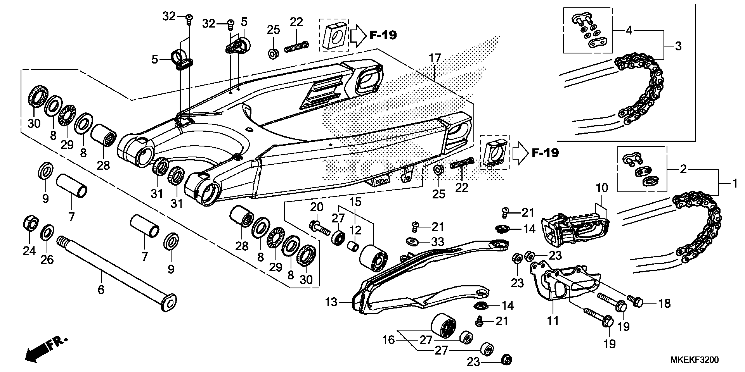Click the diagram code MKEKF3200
694,360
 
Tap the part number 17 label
435,58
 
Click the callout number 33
437,242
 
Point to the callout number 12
355,230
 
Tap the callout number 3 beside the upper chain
678,46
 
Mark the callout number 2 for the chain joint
683,169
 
